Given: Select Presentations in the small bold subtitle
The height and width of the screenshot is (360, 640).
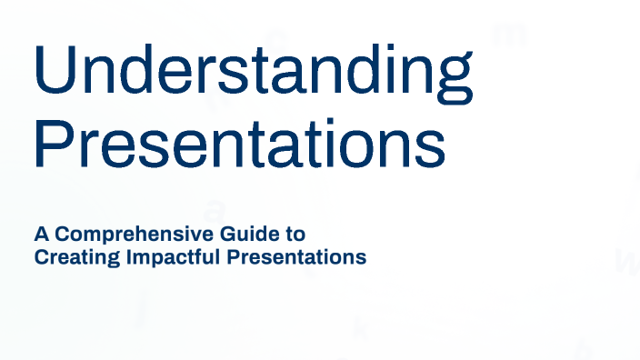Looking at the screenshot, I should (296, 257).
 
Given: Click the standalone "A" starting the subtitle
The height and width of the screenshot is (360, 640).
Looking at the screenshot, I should (41, 235).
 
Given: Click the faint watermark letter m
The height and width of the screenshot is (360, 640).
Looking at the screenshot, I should (509, 35).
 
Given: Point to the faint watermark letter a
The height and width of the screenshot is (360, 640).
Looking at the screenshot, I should (213, 210).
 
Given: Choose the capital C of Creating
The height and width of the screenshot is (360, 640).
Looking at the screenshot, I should (41, 257).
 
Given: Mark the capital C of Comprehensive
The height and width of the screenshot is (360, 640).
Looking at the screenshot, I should (62, 235).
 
